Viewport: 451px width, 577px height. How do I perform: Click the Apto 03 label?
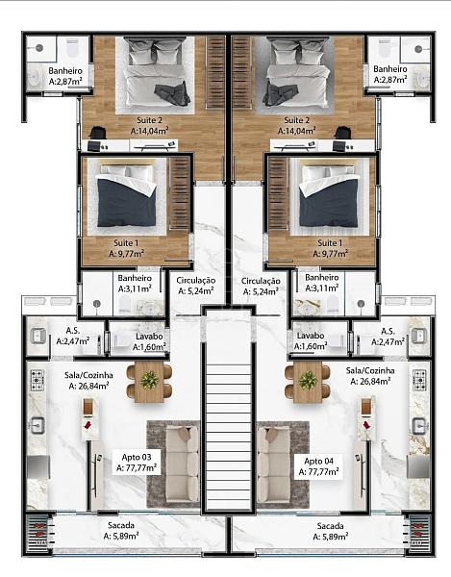(x=137, y=458)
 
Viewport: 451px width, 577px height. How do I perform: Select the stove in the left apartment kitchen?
(x=38, y=380)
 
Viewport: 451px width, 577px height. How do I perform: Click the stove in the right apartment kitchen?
(x=419, y=380)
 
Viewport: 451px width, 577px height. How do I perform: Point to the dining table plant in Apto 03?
(x=149, y=380)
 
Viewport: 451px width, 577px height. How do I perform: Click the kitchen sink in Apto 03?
(x=38, y=426)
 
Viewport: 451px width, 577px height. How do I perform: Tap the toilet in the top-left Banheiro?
(x=72, y=49)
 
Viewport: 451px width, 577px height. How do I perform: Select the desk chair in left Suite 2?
(x=97, y=134)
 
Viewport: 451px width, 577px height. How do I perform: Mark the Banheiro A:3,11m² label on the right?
(x=322, y=283)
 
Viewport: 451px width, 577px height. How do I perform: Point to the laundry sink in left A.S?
(x=38, y=336)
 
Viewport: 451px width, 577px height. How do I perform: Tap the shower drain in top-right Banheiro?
(x=418, y=49)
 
